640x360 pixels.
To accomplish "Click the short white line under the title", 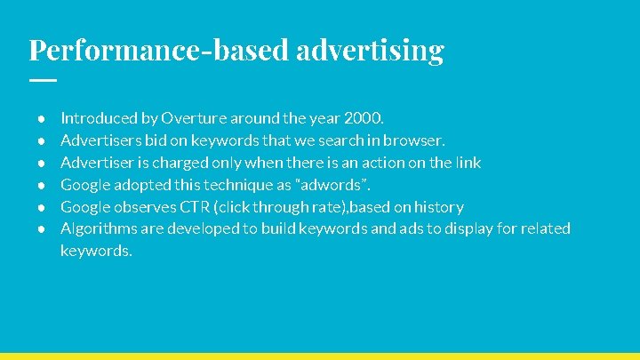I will click(42, 80).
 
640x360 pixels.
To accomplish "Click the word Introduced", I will click(99, 117).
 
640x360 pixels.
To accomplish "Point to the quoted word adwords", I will click(336, 184).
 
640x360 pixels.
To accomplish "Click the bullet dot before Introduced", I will click(41, 117).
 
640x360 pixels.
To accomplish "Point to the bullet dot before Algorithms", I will click(41, 228).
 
